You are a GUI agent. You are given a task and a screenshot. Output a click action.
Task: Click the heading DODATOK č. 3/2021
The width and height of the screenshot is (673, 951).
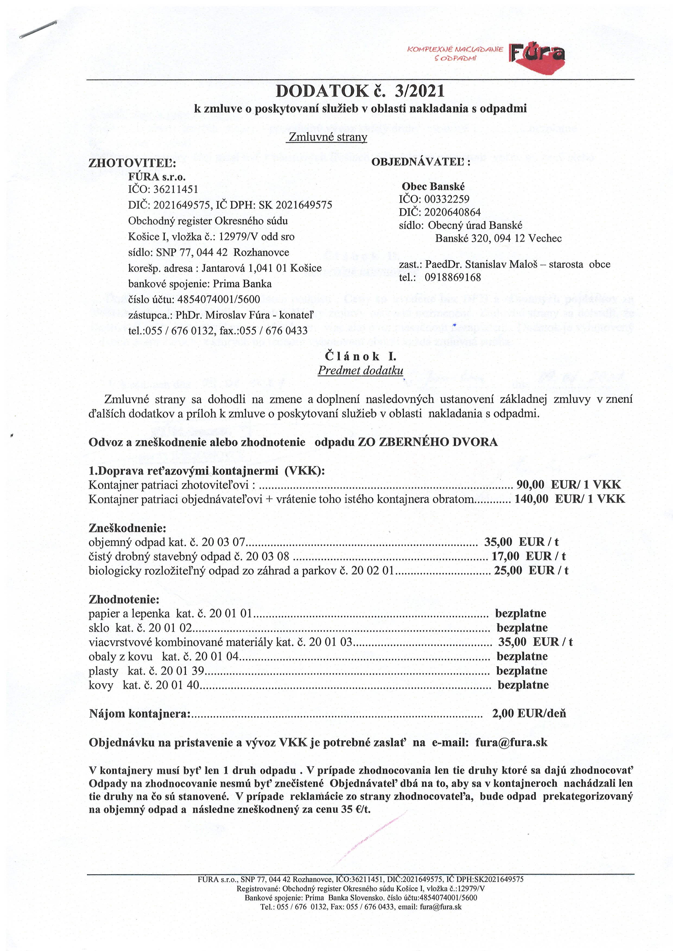(x=360, y=91)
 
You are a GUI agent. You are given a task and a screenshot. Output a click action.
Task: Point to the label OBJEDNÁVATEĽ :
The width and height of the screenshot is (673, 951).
(x=421, y=162)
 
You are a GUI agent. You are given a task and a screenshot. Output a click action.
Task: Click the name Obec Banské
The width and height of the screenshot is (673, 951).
(x=433, y=187)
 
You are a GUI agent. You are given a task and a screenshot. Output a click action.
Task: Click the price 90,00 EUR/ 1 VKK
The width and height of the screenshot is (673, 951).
(x=568, y=485)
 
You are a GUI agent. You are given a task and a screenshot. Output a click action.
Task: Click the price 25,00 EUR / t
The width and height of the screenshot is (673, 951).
(x=531, y=570)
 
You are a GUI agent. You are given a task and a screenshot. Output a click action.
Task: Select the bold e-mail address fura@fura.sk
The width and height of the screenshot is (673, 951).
(x=511, y=742)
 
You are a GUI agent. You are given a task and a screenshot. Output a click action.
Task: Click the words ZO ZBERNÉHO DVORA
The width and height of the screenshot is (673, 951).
(x=427, y=442)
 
